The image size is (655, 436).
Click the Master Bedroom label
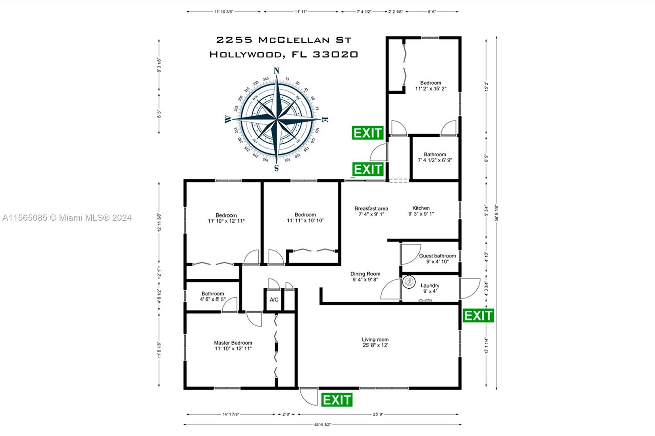pyautogui.click(x=233, y=343)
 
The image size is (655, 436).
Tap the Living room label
pyautogui.click(x=375, y=339)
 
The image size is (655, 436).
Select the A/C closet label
pyautogui.click(x=274, y=300)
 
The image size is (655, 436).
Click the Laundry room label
pyautogui.click(x=430, y=286)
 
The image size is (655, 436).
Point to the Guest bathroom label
pyautogui.click(x=437, y=256)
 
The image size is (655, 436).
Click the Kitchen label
pyautogui.click(x=421, y=208)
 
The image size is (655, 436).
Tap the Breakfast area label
pyautogui.click(x=371, y=208)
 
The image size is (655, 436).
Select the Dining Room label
pyautogui.click(x=365, y=274)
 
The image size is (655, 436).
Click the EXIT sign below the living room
pyautogui.click(x=337, y=400)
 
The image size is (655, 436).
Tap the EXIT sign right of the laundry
pyautogui.click(x=478, y=316)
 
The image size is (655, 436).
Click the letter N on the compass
pyautogui.click(x=276, y=71)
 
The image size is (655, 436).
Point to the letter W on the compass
pyautogui.click(x=228, y=120)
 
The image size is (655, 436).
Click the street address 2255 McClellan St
pyautogui.click(x=284, y=40)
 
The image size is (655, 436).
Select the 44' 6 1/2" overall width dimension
pyautogui.click(x=322, y=425)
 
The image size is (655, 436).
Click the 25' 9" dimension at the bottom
pyautogui.click(x=378, y=414)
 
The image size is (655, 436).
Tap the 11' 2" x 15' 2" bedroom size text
pyautogui.click(x=431, y=88)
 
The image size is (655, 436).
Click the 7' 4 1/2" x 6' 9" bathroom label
pyautogui.click(x=435, y=160)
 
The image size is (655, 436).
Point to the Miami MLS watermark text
pyautogui.click(x=67, y=218)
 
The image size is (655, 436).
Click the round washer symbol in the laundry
pyautogui.click(x=409, y=281)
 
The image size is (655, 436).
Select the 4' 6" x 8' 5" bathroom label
pyautogui.click(x=212, y=299)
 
